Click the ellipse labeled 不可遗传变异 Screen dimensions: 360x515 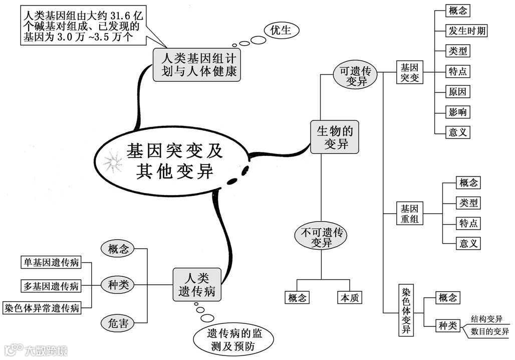(x=321, y=238)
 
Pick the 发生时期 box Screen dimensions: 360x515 (x=466, y=31)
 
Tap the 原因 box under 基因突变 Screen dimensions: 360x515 (x=458, y=92)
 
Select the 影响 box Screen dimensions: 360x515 (x=458, y=112)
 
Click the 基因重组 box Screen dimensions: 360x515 (x=409, y=214)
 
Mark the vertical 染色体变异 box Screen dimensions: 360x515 (x=406, y=311)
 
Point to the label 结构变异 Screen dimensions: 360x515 (x=486, y=318)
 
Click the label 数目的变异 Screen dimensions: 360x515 (x=489, y=331)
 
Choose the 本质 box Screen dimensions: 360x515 (x=349, y=298)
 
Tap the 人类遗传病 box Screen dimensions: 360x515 (x=197, y=285)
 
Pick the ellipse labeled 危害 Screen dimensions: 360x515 (x=118, y=323)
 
